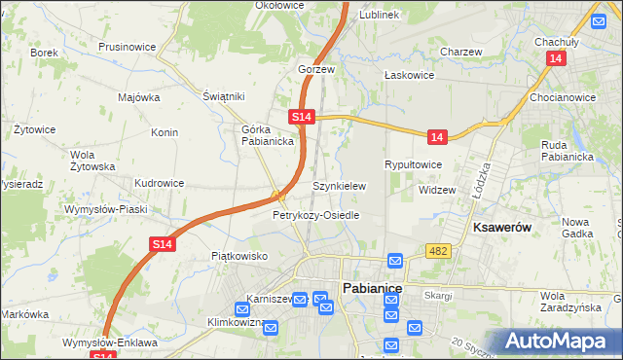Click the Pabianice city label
(372, 287)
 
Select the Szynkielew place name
(338, 186)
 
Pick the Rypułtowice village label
(414, 164)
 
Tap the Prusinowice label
(128, 46)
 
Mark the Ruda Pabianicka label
(567, 151)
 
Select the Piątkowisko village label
(239, 256)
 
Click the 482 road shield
(437, 252)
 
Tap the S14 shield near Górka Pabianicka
(302, 117)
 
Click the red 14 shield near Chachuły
(555, 59)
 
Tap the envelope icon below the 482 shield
(395, 261)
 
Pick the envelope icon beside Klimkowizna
(271, 328)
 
